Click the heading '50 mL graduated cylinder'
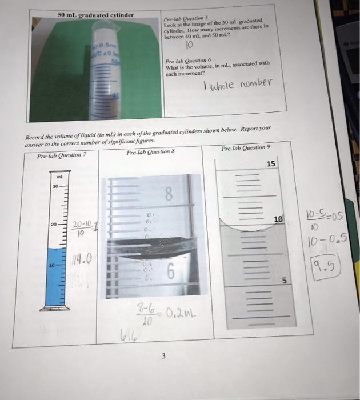pyautogui.click(x=96, y=14)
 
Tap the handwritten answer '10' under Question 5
pyautogui.click(x=190, y=43)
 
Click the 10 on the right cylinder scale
pyautogui.click(x=278, y=219)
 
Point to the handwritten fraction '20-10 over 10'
pyautogui.click(x=80, y=228)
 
